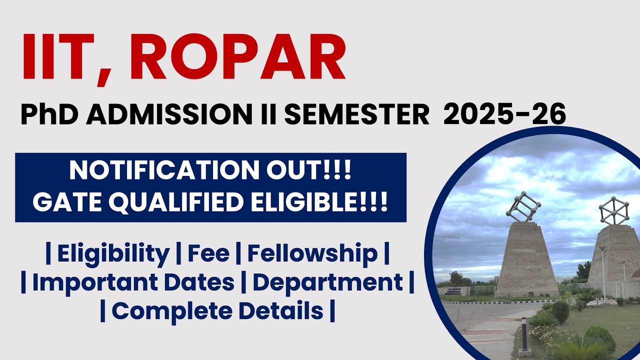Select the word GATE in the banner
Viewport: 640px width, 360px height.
[x=65, y=203]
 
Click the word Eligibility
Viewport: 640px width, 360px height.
[x=113, y=253]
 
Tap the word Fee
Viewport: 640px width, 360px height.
[x=208, y=253]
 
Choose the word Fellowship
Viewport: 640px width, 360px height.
[x=312, y=253]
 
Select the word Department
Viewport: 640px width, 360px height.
[x=327, y=282]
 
